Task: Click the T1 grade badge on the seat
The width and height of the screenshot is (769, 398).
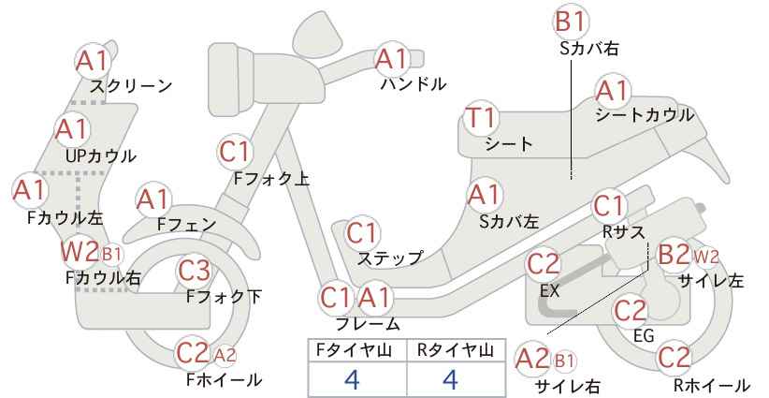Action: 482,118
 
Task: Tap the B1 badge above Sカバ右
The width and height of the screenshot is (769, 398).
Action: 571,22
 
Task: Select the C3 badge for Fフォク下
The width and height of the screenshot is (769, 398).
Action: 195,271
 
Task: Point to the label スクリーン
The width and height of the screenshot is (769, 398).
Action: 131,86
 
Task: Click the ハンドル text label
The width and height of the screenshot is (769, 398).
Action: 414,84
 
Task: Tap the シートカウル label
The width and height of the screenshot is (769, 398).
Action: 645,115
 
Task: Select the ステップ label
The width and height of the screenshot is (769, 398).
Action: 389,258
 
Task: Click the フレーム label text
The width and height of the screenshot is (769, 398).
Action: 368,324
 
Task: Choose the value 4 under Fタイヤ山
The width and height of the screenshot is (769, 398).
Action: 353,379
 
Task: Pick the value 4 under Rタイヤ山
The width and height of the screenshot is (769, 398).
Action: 450,379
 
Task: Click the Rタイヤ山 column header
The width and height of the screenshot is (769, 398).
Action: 456,350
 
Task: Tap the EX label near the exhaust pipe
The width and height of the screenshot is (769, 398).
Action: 549,291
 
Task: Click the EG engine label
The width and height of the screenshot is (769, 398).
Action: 644,335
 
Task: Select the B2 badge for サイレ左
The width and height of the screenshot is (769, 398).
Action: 674,256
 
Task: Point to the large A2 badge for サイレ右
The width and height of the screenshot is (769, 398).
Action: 532,360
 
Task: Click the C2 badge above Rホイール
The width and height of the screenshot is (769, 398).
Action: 674,358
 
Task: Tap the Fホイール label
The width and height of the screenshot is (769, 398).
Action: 225,379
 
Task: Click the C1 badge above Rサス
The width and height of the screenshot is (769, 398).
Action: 609,207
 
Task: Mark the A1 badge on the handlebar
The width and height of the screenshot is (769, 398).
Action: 392,59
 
